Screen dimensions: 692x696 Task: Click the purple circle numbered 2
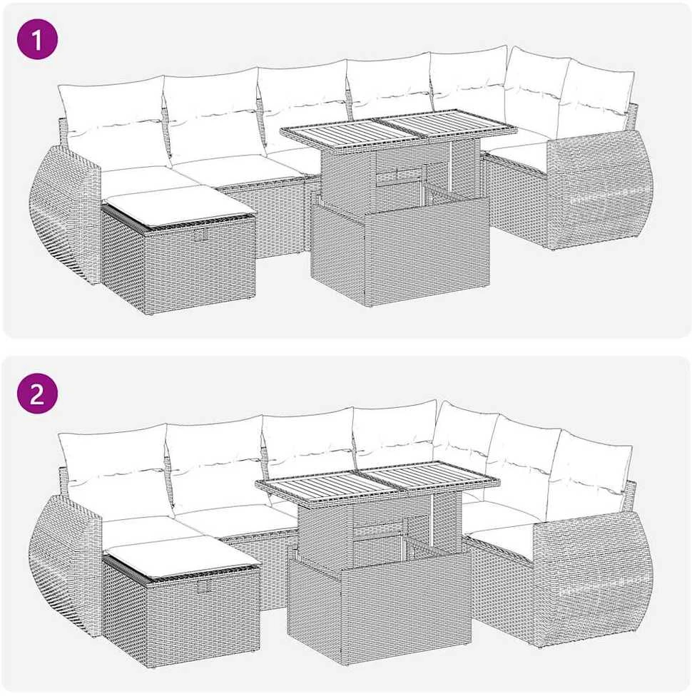(37, 394)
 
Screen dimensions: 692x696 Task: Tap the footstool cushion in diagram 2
(181, 556)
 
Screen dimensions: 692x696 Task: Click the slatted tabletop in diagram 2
(377, 481)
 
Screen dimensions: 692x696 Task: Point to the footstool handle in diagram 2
(204, 587)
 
